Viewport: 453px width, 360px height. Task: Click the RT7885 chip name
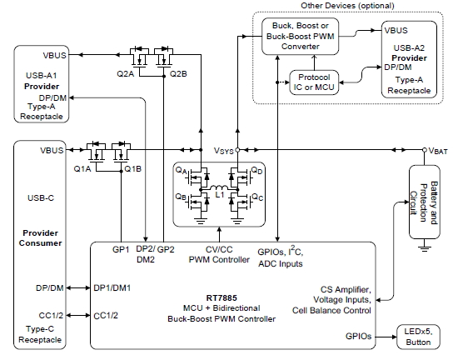pos(222,297)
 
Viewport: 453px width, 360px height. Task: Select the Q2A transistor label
pos(126,74)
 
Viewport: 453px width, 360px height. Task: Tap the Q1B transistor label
pos(132,169)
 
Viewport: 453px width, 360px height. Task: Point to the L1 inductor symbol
pos(219,187)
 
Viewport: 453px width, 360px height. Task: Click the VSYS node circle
pos(237,150)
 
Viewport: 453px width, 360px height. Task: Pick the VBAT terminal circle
pos(425,150)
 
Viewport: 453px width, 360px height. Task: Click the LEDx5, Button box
pos(418,337)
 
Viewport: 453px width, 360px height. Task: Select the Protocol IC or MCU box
pos(314,82)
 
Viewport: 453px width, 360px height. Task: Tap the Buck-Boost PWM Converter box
pos(300,37)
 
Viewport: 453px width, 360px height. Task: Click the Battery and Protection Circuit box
pos(425,202)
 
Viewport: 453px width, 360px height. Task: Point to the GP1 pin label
pos(121,249)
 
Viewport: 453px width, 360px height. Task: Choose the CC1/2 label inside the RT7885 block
pos(106,316)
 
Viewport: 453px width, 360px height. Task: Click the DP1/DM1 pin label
pos(112,288)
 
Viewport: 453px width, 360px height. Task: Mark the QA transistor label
pos(181,170)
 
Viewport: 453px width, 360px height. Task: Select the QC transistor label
pos(257,197)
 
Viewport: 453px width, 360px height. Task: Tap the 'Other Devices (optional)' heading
pos(347,6)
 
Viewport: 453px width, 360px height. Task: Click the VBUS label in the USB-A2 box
pos(396,30)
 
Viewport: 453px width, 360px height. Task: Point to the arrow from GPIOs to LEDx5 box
pos(386,337)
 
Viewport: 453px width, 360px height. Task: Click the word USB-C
pos(41,198)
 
